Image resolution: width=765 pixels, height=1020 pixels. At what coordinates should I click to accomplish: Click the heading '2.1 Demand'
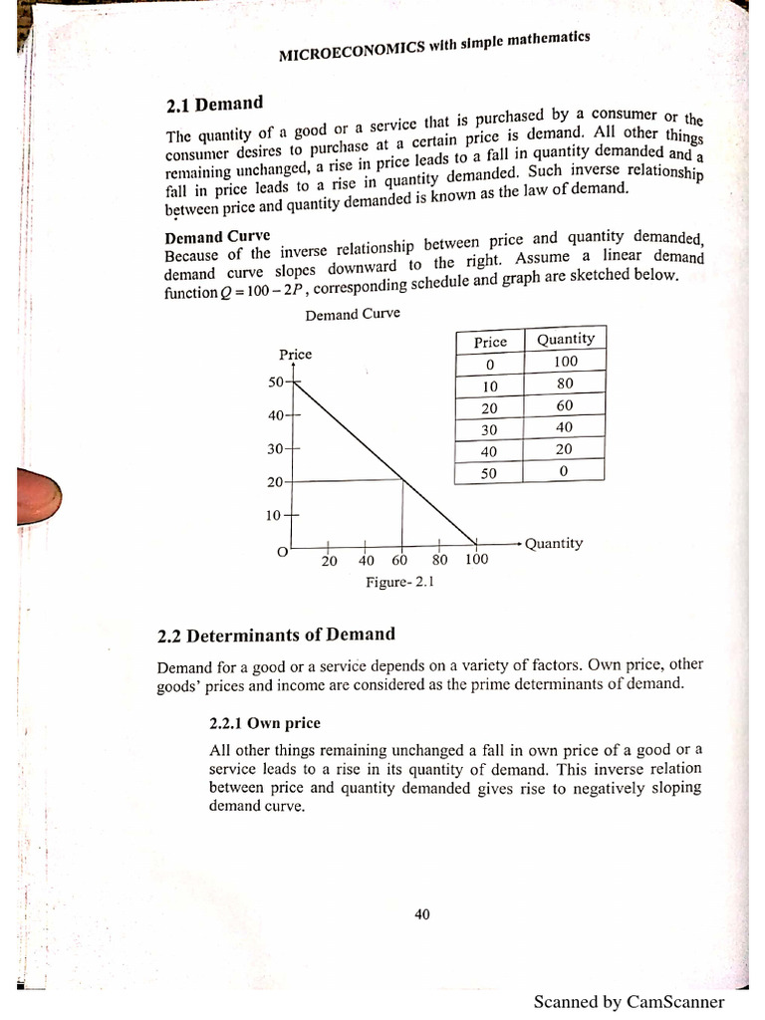[214, 104]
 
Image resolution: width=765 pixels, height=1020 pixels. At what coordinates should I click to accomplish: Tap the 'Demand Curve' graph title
[353, 314]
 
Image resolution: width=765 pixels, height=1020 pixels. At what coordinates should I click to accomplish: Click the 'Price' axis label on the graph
[295, 355]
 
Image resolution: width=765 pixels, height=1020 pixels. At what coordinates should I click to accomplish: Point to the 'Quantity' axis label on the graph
[554, 544]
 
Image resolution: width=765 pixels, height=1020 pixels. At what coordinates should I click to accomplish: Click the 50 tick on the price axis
[276, 382]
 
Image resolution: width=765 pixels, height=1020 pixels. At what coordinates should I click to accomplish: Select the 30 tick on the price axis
[276, 449]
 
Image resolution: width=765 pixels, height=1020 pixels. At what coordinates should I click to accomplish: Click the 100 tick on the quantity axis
[476, 560]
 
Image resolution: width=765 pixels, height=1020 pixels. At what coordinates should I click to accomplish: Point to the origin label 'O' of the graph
[282, 551]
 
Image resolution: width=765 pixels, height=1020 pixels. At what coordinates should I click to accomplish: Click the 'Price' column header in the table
[490, 342]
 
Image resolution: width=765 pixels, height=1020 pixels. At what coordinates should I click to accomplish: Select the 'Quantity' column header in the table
[565, 340]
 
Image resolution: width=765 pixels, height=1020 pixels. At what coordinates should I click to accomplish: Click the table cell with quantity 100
[565, 362]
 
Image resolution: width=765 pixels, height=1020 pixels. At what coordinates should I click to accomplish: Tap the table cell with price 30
[489, 429]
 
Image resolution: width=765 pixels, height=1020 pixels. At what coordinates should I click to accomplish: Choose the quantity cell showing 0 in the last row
[564, 472]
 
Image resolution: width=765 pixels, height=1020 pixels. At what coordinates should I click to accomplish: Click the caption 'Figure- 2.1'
[399, 582]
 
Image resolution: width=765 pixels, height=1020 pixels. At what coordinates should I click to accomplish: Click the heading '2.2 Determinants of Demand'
[277, 635]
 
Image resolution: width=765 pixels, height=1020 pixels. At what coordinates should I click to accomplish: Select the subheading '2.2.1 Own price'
[264, 722]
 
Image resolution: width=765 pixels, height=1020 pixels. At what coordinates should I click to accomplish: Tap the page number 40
[421, 914]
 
